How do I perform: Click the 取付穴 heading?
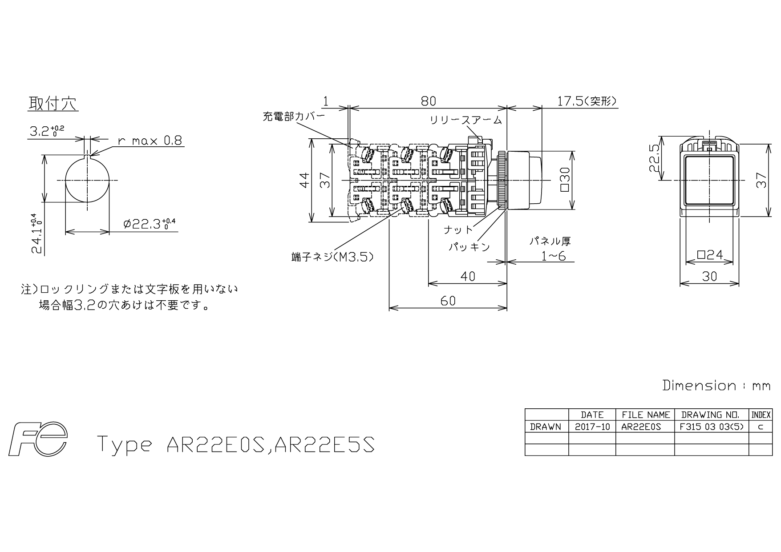pos(53,104)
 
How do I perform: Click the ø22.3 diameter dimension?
pos(150,224)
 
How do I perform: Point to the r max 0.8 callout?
pos(150,141)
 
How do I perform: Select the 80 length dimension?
pos(428,101)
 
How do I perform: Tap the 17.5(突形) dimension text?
pos(587,101)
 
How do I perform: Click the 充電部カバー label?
pos(294,117)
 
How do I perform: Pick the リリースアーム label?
pos(465,120)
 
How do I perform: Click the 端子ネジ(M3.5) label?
pos(332,257)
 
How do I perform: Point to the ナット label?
pos(458,230)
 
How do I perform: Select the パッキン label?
pos(469,247)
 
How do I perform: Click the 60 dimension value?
pos(448,301)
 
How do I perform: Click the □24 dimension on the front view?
pos(709,255)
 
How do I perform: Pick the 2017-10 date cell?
pos(592,427)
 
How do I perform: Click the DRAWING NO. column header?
pos(711,415)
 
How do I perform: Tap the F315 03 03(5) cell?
pos(711,427)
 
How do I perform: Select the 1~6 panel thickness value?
pos(553,256)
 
